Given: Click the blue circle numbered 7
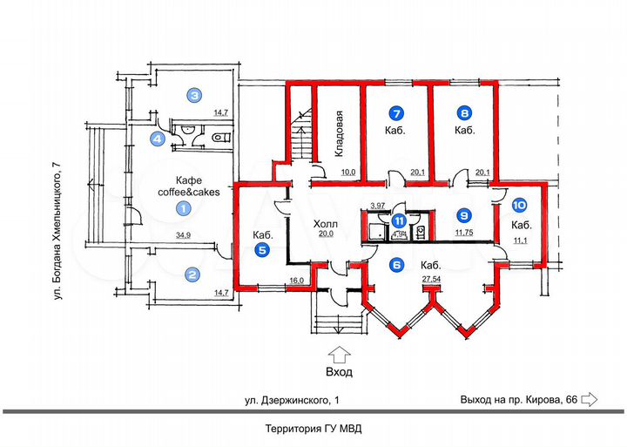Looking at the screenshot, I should point(396,113).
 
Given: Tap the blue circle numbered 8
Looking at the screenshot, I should point(465,113).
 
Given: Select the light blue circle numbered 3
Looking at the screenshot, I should point(196,96).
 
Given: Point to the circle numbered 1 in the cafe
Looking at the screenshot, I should point(183,208).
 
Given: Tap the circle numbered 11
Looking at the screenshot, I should point(398,220).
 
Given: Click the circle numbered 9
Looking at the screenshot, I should point(465,214).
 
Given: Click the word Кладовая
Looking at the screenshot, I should point(343,133).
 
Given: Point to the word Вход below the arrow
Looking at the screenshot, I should point(340,373).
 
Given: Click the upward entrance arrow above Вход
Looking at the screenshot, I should point(340,354).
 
